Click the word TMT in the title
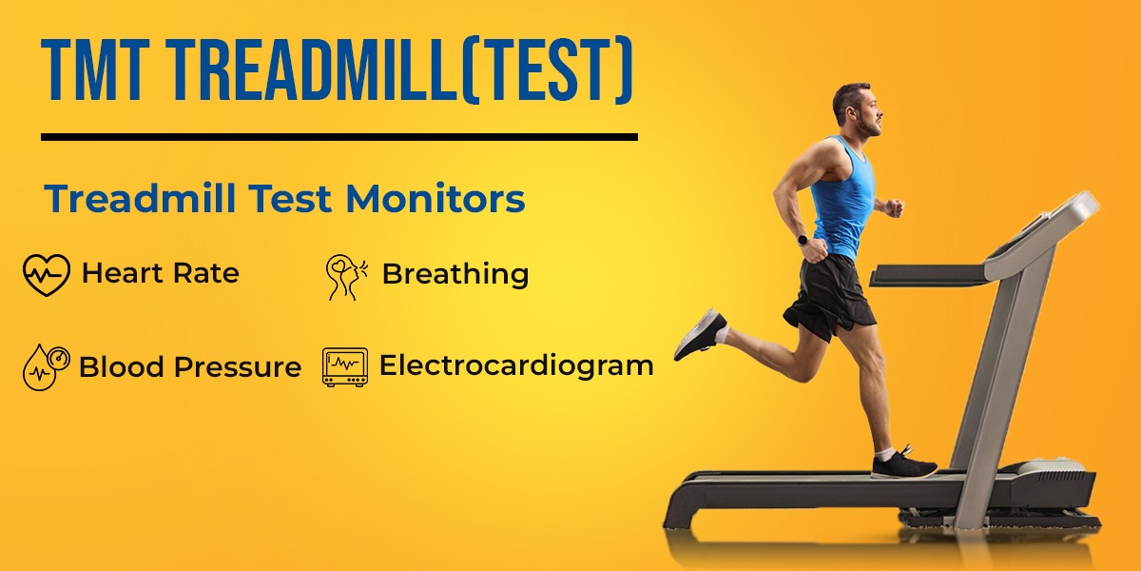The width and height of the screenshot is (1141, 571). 95,69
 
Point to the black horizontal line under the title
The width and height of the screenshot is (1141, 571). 339,137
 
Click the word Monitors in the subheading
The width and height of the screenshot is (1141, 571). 435,198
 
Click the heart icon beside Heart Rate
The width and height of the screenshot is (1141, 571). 47,275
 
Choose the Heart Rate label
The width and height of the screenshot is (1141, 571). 161,273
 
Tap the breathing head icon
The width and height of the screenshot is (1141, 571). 346,277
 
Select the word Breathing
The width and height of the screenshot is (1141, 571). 455,275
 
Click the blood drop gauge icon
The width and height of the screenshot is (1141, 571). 46,367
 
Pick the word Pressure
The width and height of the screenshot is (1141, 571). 238,366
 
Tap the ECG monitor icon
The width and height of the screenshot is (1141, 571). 345,367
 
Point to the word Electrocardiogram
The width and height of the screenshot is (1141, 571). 516,366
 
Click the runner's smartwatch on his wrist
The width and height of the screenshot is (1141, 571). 803,240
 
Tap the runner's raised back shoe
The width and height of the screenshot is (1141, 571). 701,334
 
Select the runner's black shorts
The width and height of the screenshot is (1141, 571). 829,297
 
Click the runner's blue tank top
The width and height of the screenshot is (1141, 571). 842,199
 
